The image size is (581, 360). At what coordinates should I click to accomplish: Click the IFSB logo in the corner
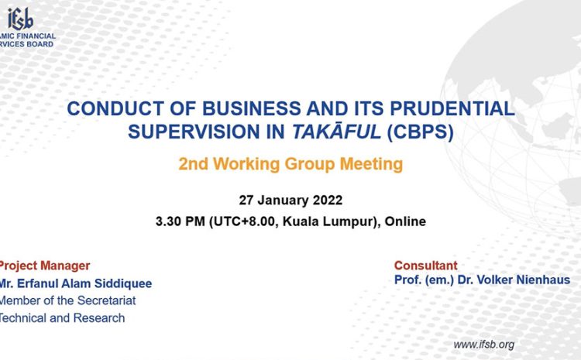click(27, 27)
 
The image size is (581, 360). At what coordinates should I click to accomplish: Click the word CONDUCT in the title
click(115, 108)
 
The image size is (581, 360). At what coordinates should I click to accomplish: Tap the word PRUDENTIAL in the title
click(452, 108)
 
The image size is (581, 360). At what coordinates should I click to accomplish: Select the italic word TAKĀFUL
click(336, 132)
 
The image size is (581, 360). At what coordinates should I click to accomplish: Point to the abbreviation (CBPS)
click(420, 132)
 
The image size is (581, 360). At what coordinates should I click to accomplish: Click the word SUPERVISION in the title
click(194, 132)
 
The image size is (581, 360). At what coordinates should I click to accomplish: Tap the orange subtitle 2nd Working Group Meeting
click(290, 164)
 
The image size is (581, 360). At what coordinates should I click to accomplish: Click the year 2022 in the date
click(328, 200)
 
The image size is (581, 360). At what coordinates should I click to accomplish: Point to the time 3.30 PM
click(180, 221)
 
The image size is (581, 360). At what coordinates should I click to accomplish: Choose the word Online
click(405, 221)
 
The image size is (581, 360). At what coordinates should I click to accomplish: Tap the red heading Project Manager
click(44, 266)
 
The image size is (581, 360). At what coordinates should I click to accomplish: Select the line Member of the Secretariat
click(67, 300)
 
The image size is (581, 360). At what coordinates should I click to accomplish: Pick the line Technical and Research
click(62, 317)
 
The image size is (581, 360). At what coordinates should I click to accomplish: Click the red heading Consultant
click(426, 266)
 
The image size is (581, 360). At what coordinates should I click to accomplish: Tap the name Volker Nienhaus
click(514, 279)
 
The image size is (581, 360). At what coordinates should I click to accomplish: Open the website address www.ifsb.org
click(484, 345)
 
